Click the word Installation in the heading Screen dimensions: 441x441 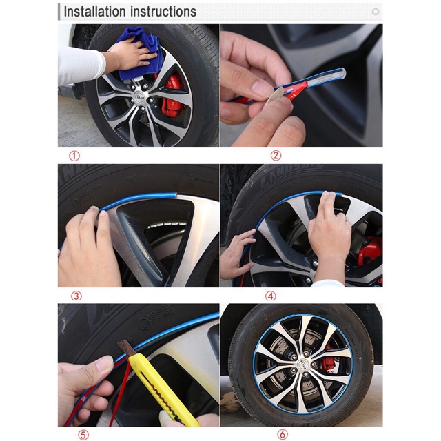(x=94, y=12)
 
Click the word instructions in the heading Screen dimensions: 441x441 (x=163, y=12)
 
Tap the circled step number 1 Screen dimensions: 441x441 (x=74, y=156)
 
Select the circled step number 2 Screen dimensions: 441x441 (x=276, y=156)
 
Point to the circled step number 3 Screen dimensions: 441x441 (x=76, y=296)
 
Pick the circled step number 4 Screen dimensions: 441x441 (x=271, y=296)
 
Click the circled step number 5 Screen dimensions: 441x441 (x=83, y=435)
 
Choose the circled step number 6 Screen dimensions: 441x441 (x=283, y=435)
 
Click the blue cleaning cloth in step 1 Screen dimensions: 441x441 (x=141, y=54)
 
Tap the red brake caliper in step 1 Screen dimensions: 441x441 (x=171, y=94)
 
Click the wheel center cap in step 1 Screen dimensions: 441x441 (x=139, y=95)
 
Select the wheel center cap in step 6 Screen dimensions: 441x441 (x=302, y=363)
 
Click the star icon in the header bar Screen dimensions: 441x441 (x=375, y=12)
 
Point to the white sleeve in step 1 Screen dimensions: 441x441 (x=80, y=65)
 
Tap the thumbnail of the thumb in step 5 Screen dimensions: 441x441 (x=104, y=364)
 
